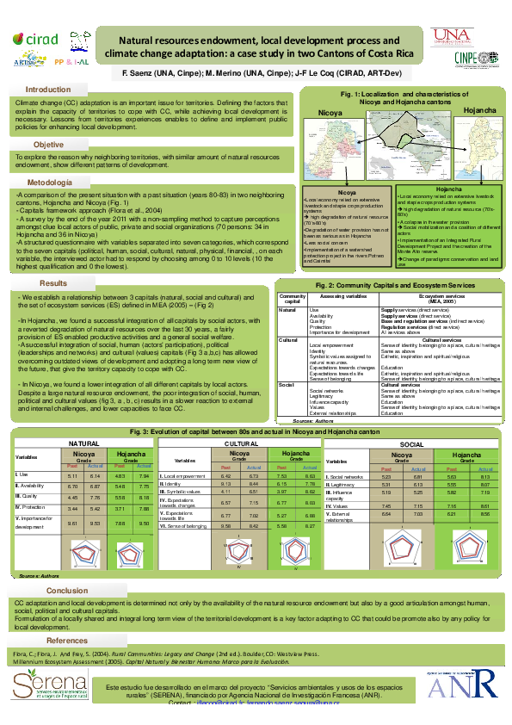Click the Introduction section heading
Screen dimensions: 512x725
point(48,90)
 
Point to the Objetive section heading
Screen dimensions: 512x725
point(48,145)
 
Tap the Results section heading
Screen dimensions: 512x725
point(53,282)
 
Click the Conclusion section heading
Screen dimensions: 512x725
point(67,590)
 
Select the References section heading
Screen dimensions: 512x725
point(67,641)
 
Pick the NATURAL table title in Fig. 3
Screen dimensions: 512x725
point(84,443)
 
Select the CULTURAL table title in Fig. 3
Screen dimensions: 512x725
point(233,443)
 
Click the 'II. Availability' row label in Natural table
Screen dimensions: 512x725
point(31,485)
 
